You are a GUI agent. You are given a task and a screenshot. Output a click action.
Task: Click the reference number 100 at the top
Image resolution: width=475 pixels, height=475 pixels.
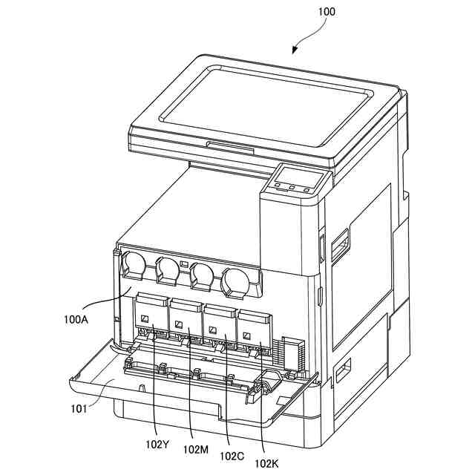tap(327, 12)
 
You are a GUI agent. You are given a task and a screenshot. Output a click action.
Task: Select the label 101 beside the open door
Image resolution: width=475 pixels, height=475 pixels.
tap(79, 407)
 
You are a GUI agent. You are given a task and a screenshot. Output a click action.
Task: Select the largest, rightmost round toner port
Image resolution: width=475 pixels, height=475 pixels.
tap(235, 281)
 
